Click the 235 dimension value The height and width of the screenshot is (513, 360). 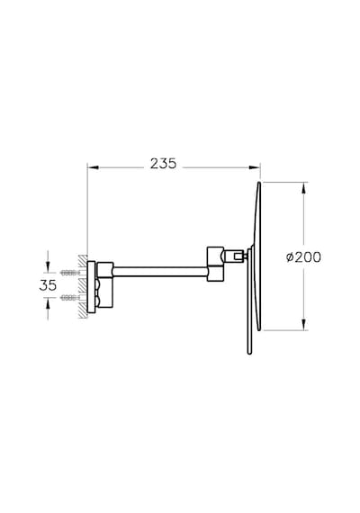click(163, 164)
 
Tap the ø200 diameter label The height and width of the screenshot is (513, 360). click(303, 257)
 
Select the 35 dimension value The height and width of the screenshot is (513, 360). click(48, 285)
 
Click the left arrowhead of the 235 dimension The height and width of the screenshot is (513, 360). click(93, 167)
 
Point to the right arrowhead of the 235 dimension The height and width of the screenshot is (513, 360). click(255, 167)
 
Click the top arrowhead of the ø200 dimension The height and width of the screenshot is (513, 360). click(304, 188)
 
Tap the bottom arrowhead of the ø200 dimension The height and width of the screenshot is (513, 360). click(304, 325)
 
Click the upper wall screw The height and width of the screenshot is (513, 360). click(70, 272)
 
